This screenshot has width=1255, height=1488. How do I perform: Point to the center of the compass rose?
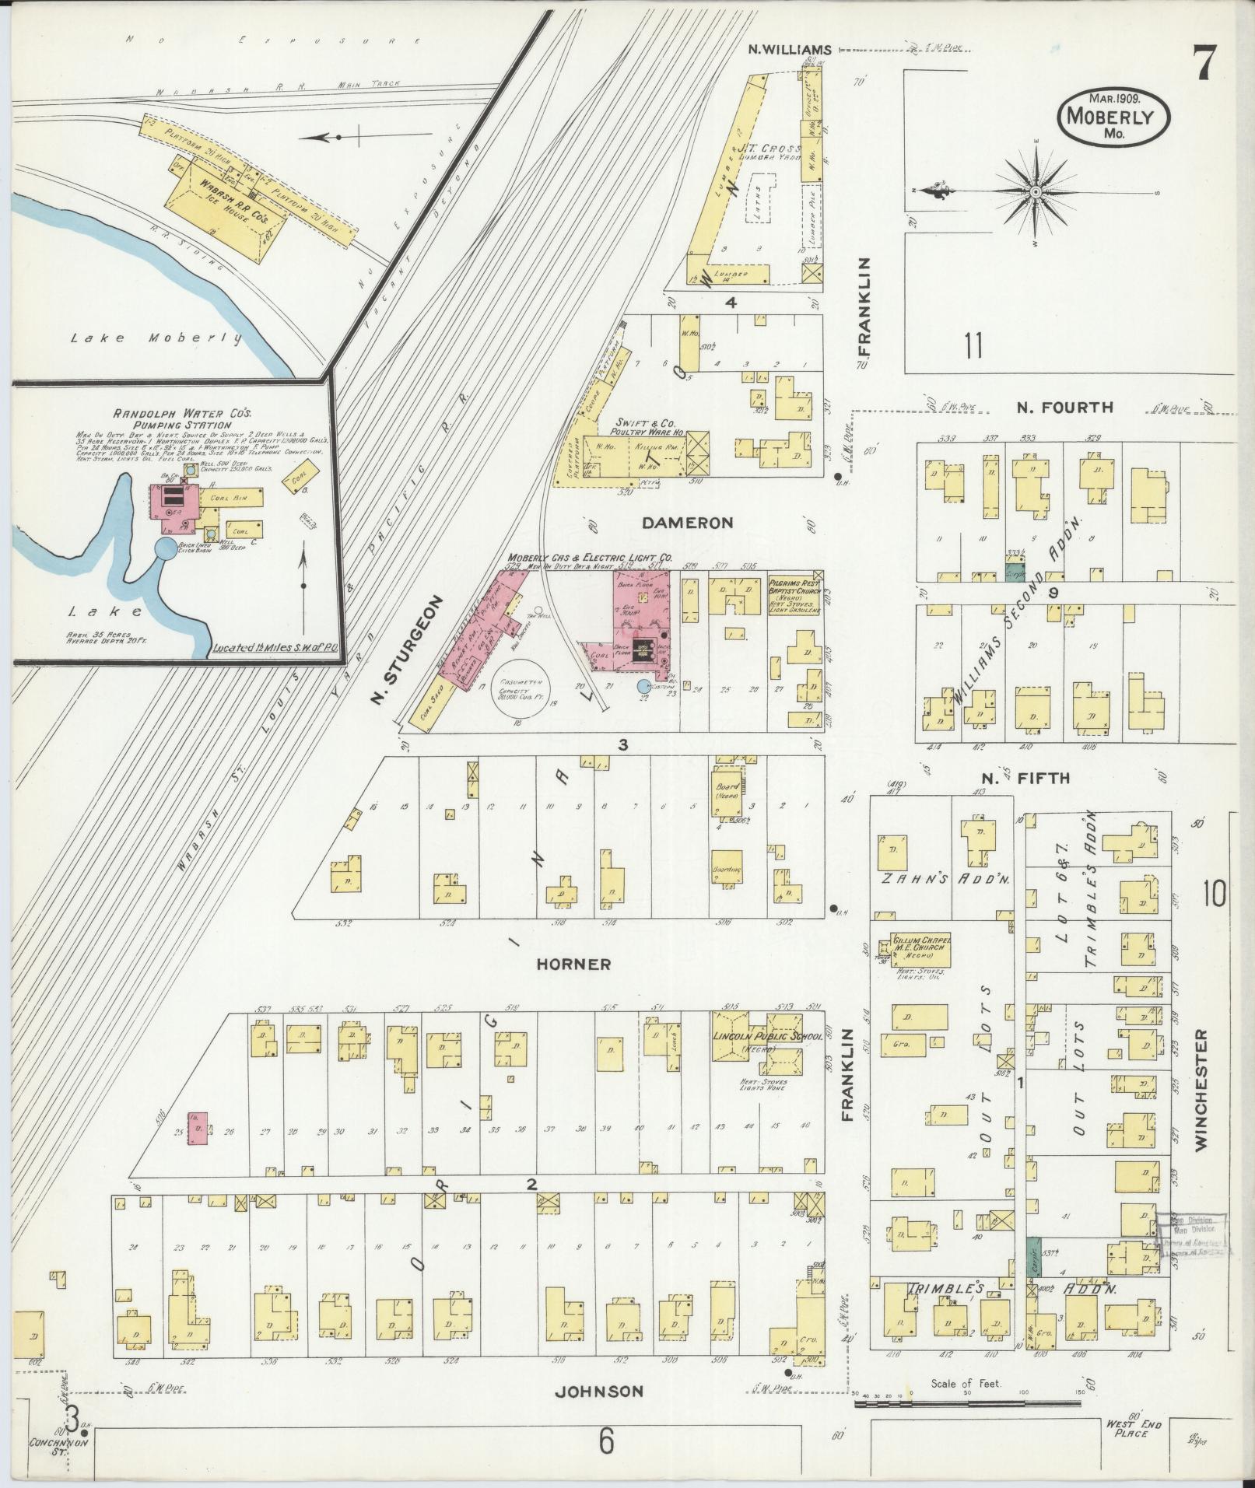(x=1037, y=191)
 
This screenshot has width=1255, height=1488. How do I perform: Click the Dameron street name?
(x=687, y=523)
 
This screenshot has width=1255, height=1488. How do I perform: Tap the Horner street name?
(x=573, y=964)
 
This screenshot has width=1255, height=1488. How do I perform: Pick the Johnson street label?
(x=598, y=1391)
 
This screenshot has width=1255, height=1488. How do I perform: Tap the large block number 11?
(x=972, y=345)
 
